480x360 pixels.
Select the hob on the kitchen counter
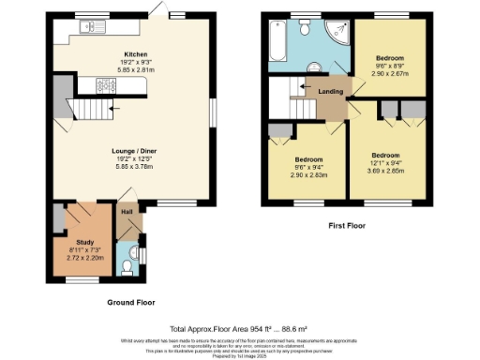(104, 86)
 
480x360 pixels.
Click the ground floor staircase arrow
(112, 110)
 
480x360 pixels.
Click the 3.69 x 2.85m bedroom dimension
(385, 170)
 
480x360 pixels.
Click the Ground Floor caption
(130, 303)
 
